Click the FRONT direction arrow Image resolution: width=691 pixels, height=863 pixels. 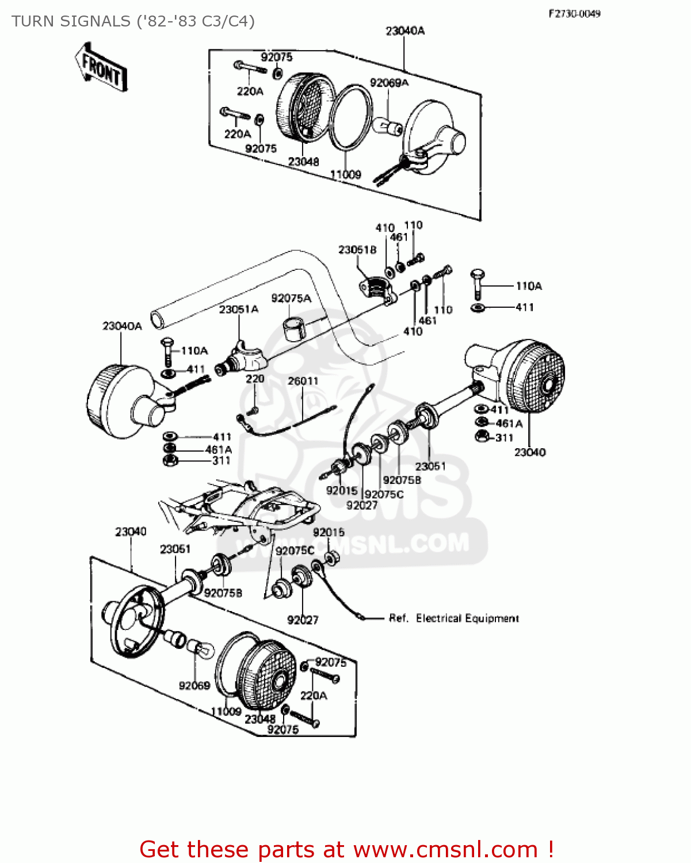(x=101, y=67)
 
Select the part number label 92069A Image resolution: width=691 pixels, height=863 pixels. (x=389, y=83)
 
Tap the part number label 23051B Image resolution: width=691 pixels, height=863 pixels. (x=357, y=249)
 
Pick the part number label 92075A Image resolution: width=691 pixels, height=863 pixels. (x=291, y=297)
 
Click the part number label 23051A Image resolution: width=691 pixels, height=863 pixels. (x=238, y=309)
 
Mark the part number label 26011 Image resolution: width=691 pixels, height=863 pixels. (x=303, y=381)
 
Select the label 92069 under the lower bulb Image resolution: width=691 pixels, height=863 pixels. (x=194, y=685)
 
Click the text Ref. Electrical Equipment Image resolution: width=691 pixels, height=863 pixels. (x=453, y=618)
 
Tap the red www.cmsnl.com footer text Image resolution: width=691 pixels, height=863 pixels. (x=445, y=849)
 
